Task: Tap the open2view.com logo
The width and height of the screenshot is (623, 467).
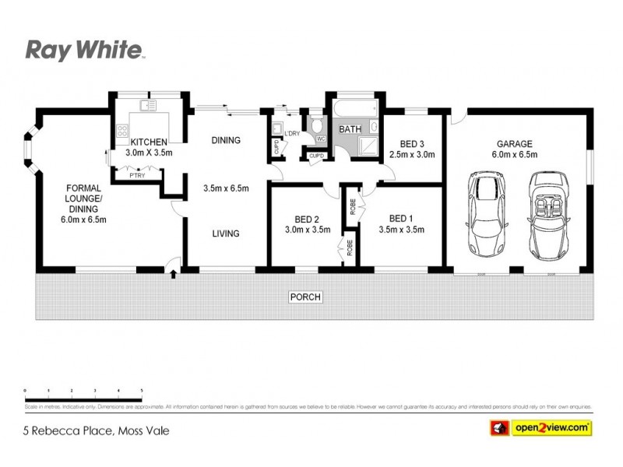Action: (x=540, y=428)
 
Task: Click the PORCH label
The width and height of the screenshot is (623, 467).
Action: (x=305, y=297)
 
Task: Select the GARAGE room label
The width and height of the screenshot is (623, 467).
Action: (x=515, y=144)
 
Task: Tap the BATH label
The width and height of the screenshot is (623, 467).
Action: (x=349, y=129)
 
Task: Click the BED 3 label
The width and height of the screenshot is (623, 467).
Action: (x=412, y=144)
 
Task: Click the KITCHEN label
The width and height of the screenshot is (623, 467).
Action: (x=149, y=142)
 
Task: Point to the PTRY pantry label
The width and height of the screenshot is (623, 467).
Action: (x=137, y=176)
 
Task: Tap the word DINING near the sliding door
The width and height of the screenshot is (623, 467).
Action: (x=226, y=140)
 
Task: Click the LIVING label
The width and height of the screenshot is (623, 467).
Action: (x=226, y=233)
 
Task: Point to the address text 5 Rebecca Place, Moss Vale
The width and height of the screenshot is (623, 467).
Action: (x=97, y=430)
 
